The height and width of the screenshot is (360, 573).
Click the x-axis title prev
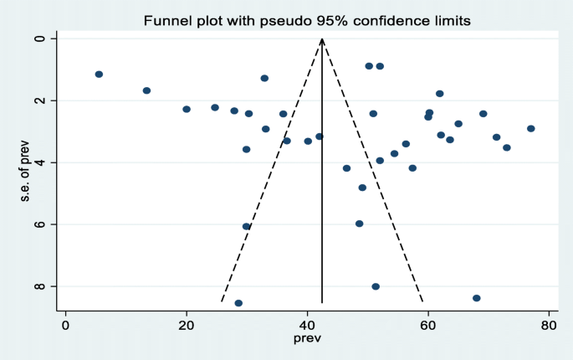click(307, 339)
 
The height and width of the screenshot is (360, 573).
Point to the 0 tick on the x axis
click(65, 325)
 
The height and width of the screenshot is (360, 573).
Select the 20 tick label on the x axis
click(187, 325)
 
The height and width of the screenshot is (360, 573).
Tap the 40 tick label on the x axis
click(308, 325)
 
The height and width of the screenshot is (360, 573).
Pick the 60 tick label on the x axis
click(429, 325)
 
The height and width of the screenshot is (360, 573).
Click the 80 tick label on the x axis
click(550, 325)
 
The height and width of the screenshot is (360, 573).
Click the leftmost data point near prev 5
click(99, 75)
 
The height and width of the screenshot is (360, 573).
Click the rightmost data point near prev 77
click(531, 128)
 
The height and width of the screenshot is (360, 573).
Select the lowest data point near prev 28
click(238, 303)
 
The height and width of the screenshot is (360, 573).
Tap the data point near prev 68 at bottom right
click(477, 298)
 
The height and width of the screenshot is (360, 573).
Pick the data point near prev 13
click(146, 90)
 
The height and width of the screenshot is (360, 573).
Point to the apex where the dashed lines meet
click(322, 39)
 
